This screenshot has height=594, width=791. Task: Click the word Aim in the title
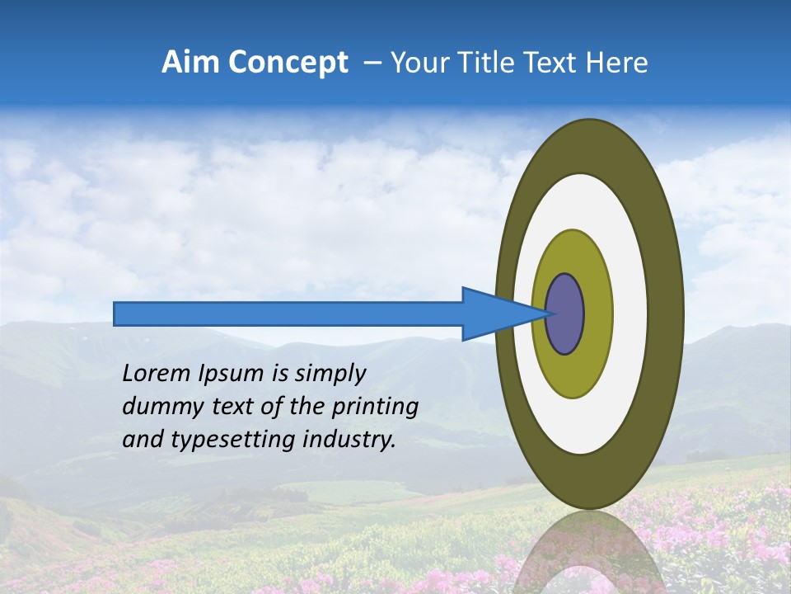tap(190, 63)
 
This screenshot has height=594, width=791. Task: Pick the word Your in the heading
tap(421, 63)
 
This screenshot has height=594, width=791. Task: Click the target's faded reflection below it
tap(589, 553)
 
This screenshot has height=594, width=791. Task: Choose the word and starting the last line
tap(143, 440)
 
